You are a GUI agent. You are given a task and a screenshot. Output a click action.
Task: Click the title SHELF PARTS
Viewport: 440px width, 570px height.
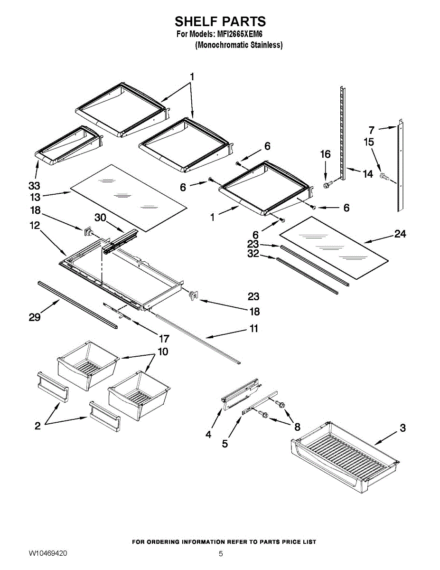click(x=220, y=22)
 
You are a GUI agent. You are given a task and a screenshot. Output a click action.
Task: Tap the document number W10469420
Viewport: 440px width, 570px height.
click(x=48, y=553)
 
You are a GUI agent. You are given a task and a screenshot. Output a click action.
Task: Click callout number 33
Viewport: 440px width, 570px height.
click(x=34, y=186)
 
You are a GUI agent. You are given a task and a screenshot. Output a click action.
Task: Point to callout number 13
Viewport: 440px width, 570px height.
click(x=35, y=197)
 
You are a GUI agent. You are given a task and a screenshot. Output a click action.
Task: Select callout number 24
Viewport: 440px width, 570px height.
click(x=400, y=234)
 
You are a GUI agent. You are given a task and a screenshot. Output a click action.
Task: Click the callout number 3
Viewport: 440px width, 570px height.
click(x=403, y=428)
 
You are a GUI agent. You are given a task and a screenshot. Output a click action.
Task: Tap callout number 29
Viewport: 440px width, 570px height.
click(x=35, y=317)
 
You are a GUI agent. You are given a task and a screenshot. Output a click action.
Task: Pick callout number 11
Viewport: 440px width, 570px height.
click(x=254, y=328)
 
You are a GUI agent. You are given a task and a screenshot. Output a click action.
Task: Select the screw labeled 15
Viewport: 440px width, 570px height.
click(x=384, y=177)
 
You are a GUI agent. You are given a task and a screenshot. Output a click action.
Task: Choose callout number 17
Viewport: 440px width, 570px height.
click(x=164, y=339)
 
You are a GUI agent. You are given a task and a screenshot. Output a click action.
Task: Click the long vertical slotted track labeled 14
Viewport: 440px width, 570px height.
click(x=343, y=133)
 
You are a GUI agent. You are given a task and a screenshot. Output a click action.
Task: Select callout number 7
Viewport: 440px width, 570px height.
click(x=372, y=130)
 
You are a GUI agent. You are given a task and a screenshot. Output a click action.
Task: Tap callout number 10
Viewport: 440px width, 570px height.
click(x=163, y=352)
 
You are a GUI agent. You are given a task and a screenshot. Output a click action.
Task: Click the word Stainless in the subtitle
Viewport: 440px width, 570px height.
click(x=267, y=45)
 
